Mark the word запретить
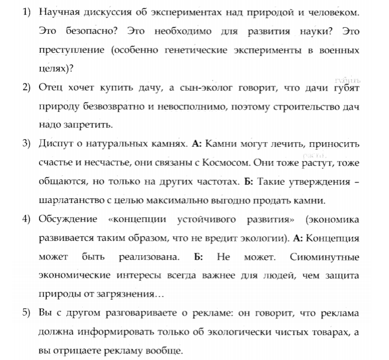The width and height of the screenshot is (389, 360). click(86, 126)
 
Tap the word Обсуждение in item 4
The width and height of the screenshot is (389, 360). click(65, 220)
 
